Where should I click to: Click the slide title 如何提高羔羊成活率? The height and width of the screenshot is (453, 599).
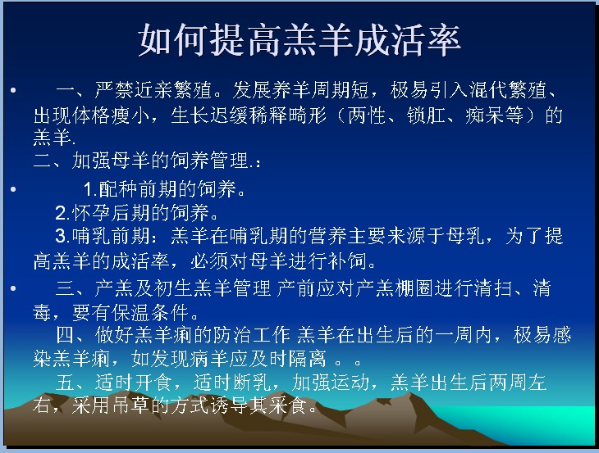[x=299, y=40]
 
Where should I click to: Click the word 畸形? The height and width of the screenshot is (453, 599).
[x=308, y=115]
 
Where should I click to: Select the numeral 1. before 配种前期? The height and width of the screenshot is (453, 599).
[x=90, y=189]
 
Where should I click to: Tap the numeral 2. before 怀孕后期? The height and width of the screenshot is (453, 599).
[x=62, y=213]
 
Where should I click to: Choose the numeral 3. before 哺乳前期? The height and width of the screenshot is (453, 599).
[x=62, y=236]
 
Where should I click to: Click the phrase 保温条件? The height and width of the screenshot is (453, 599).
[x=150, y=313]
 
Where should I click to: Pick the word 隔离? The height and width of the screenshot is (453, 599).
[x=308, y=359]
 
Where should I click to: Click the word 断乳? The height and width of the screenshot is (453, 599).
[x=253, y=382]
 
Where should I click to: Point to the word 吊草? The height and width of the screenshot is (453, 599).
[x=131, y=405]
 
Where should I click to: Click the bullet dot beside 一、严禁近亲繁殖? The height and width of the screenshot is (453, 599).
[x=13, y=90]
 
